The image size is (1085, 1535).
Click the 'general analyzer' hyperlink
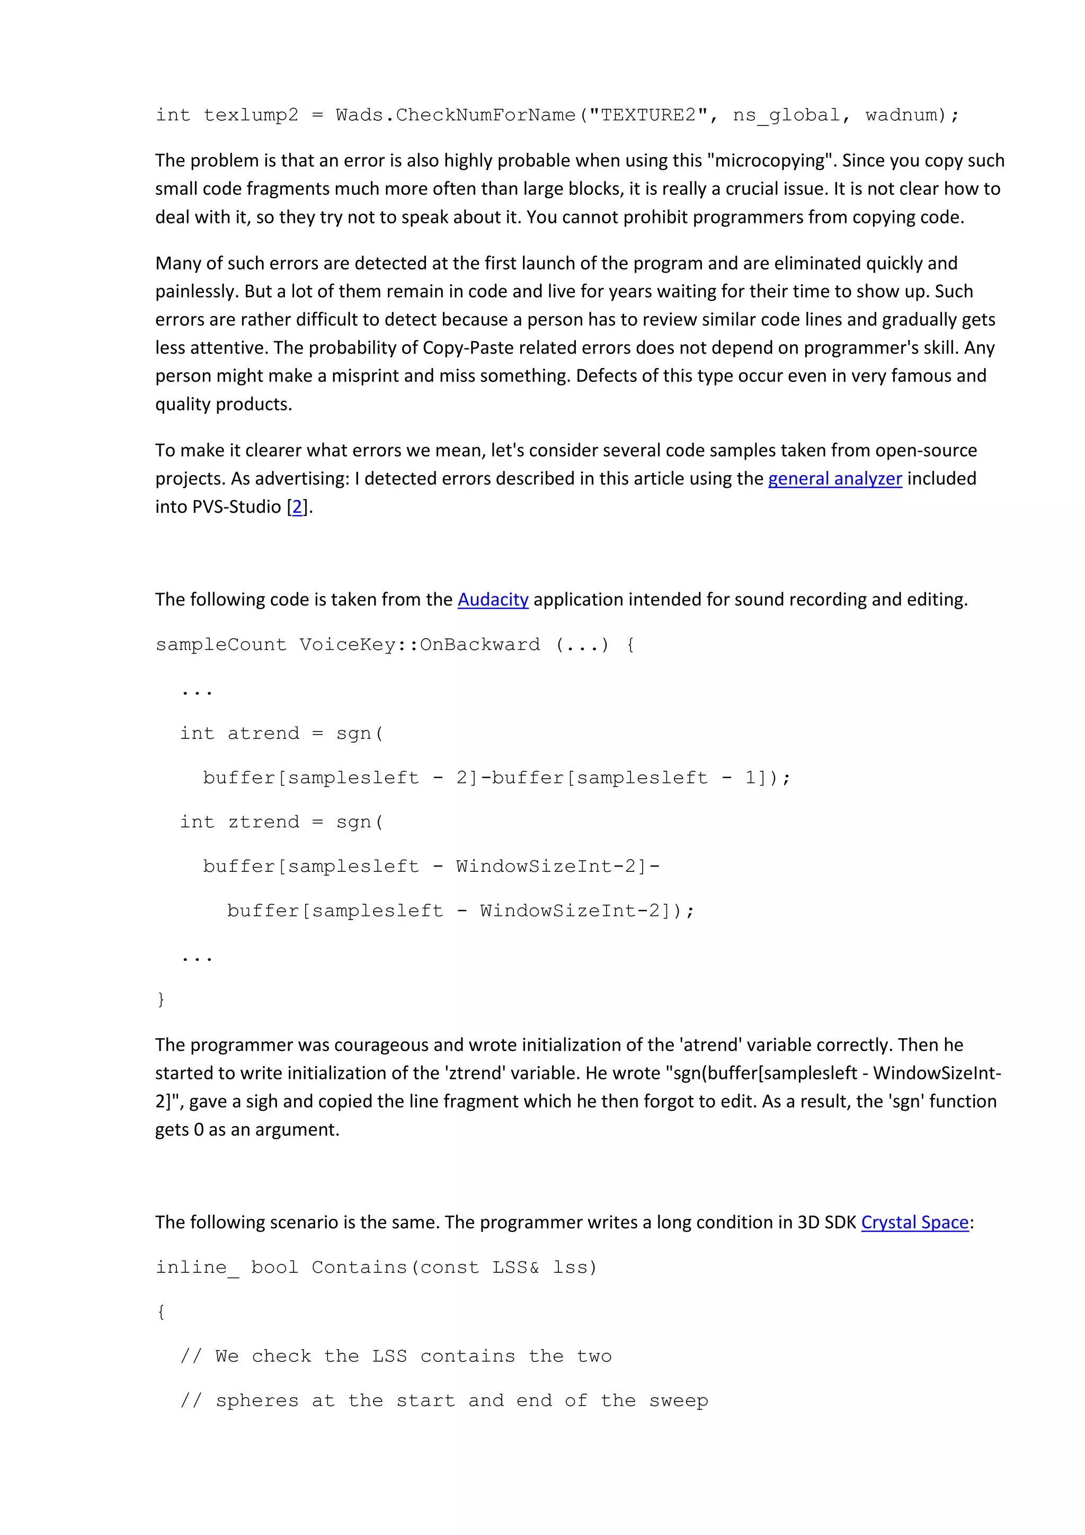click(x=834, y=479)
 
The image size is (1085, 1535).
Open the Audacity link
click(x=493, y=600)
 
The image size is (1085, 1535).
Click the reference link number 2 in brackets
click(x=298, y=507)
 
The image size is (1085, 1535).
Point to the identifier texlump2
click(x=251, y=115)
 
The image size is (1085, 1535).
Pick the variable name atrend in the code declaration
click(x=263, y=734)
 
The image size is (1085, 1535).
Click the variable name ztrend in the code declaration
click(x=263, y=822)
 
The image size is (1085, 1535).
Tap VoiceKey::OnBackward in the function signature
click(x=419, y=645)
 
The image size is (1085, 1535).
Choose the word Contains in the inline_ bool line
click(x=360, y=1267)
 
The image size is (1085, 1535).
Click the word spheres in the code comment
click(x=257, y=1400)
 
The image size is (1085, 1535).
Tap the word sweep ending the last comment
click(x=678, y=1400)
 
